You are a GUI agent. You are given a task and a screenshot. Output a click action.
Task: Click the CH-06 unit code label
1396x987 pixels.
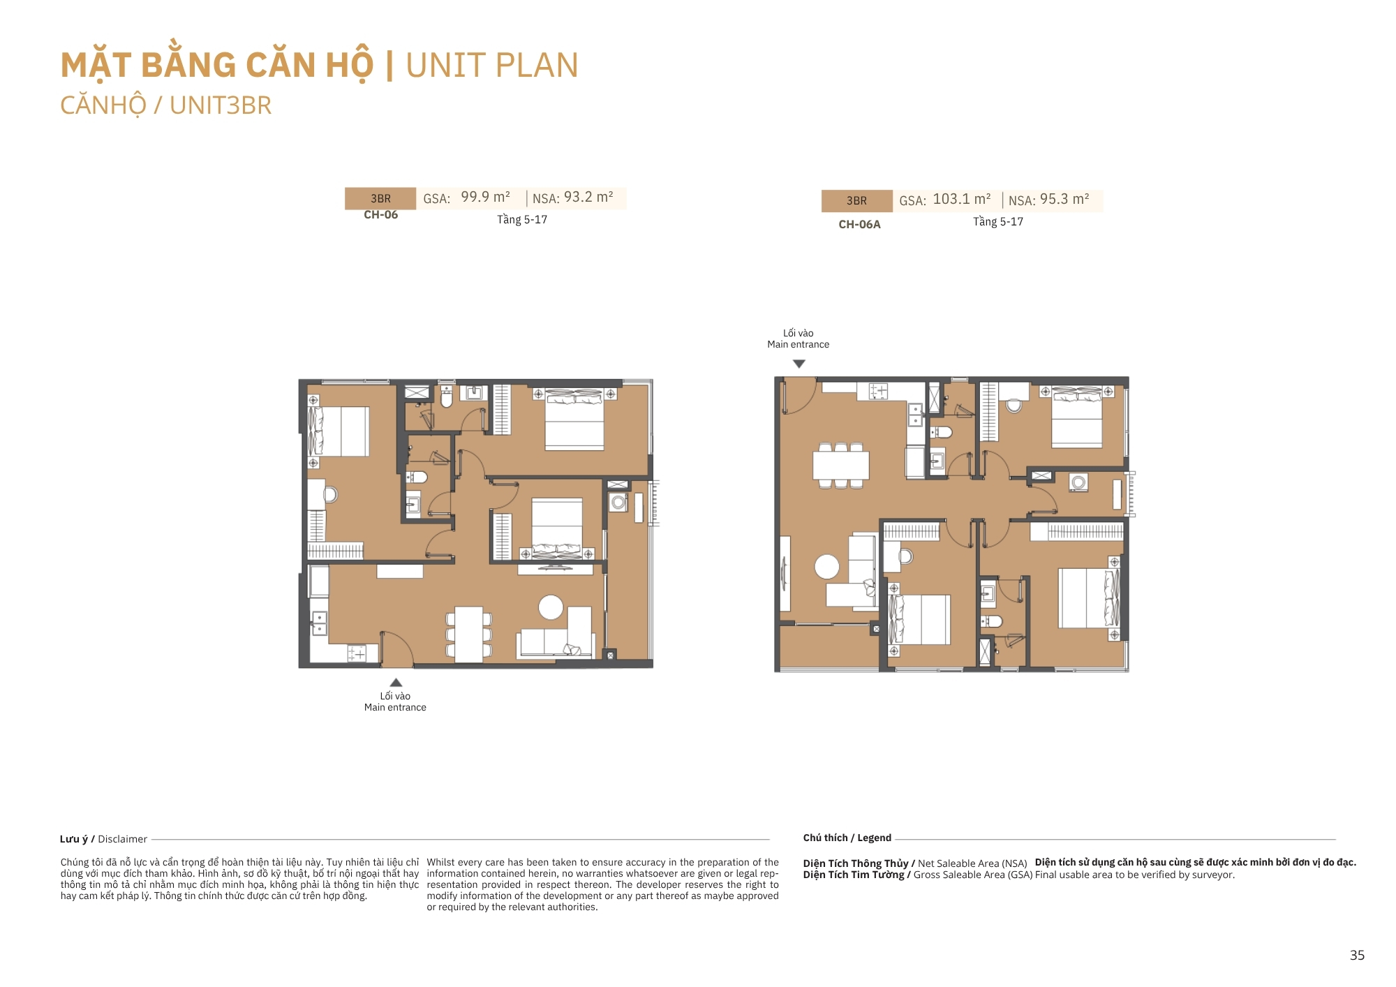pyautogui.click(x=380, y=215)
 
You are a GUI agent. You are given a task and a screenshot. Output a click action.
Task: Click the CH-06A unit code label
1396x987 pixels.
pyautogui.click(x=859, y=225)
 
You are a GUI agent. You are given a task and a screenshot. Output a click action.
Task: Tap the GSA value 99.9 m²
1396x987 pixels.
pyautogui.click(x=485, y=198)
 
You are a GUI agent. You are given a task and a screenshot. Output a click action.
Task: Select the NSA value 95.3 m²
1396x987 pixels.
pyautogui.click(x=1064, y=200)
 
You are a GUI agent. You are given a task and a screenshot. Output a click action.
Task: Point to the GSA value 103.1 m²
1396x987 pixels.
pyautogui.click(x=962, y=200)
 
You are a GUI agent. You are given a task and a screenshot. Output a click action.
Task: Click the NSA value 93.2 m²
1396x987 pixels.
pyautogui.click(x=588, y=198)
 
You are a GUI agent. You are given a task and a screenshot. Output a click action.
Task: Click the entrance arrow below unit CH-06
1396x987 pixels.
pyautogui.click(x=396, y=682)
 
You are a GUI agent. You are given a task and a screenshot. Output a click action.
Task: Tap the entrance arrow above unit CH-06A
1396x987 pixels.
pyautogui.click(x=799, y=364)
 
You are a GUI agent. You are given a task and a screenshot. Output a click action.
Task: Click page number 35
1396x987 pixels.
pyautogui.click(x=1357, y=956)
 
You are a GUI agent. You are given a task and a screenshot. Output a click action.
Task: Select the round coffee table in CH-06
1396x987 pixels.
pyautogui.click(x=551, y=607)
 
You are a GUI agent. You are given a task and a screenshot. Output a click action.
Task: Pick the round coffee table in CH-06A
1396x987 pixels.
pyautogui.click(x=827, y=566)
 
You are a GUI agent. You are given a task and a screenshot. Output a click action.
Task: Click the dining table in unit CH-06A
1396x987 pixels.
pyautogui.click(x=840, y=465)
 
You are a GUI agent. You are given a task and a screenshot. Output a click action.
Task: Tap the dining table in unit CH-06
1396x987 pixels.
pyautogui.click(x=468, y=634)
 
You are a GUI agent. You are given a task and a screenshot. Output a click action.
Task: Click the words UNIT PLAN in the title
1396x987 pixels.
pyautogui.click(x=492, y=66)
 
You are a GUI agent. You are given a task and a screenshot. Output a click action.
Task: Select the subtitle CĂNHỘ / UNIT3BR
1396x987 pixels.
pyautogui.click(x=165, y=105)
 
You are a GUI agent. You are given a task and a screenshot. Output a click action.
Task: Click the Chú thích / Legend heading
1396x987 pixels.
pyautogui.click(x=847, y=838)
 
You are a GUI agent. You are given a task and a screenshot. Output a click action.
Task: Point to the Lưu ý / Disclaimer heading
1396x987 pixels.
pyautogui.click(x=103, y=839)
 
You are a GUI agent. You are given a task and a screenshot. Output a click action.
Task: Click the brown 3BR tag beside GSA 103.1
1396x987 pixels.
pyautogui.click(x=856, y=201)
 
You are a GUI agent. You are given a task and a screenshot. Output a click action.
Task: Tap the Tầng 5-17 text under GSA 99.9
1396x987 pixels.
pyautogui.click(x=522, y=220)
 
